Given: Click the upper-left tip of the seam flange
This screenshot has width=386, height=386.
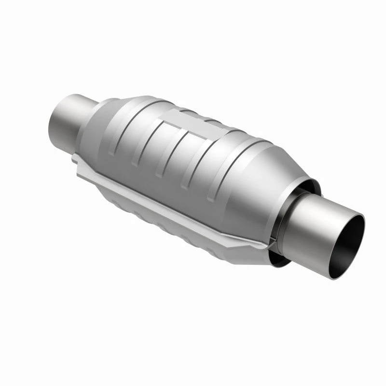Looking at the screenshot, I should tap(75, 159).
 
